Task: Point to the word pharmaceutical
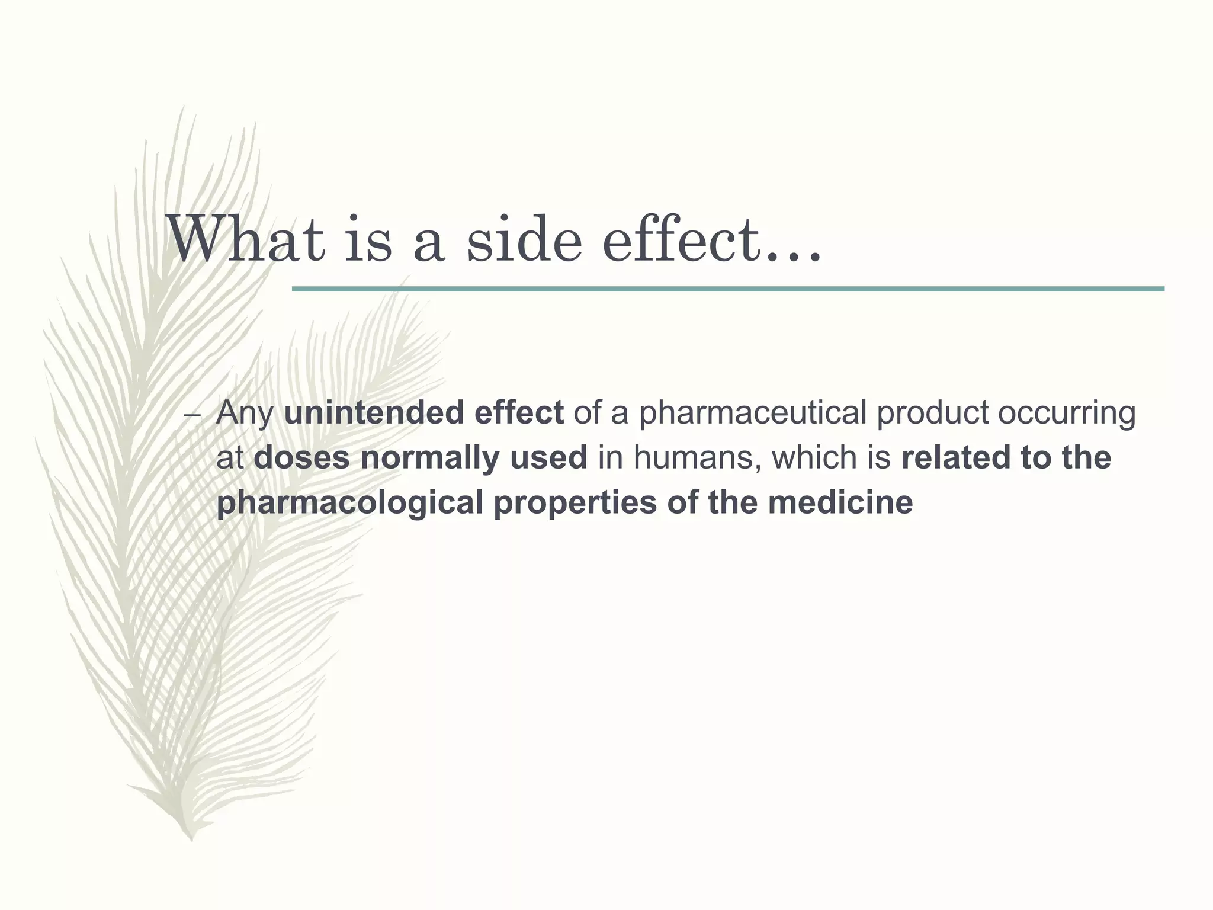[x=752, y=413]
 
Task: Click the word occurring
[x=1067, y=413]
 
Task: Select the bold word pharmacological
[x=350, y=503]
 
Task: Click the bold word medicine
[x=840, y=503]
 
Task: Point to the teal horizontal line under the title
[x=728, y=289]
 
